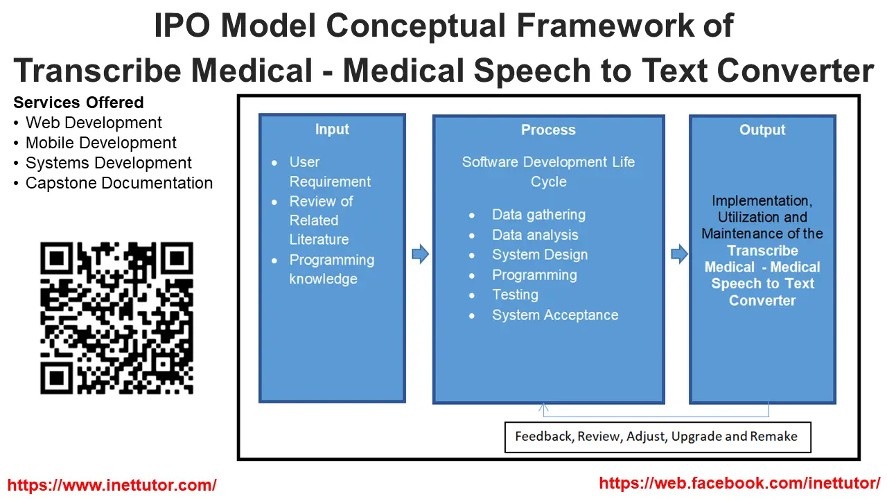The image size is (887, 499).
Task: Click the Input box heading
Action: tap(332, 130)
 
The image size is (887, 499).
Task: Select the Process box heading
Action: tap(548, 130)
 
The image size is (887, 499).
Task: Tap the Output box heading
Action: tap(762, 130)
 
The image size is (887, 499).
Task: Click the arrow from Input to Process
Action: tap(420, 254)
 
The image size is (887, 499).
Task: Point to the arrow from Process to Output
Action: tap(679, 254)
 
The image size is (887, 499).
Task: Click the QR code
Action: tap(116, 318)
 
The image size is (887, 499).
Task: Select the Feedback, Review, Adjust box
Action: tap(656, 437)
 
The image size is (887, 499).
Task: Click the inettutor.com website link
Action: tap(112, 485)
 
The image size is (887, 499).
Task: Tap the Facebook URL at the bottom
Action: tap(739, 483)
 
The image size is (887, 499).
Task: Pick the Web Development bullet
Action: tap(94, 123)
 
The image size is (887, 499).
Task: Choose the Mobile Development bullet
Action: tap(100, 143)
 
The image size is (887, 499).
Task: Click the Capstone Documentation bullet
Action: tap(118, 184)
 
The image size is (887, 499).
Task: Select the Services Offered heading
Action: tap(78, 103)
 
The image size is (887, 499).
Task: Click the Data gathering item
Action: tap(538, 215)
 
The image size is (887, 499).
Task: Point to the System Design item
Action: tap(539, 255)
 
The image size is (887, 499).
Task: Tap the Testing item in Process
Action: tap(515, 295)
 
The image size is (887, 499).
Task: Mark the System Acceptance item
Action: tap(554, 315)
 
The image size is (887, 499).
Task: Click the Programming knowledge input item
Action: tap(331, 270)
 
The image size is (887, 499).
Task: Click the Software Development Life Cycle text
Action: tap(548, 172)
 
